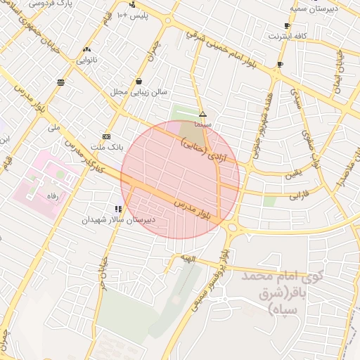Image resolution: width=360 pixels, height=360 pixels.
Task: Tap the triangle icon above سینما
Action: pyautogui.click(x=202, y=114)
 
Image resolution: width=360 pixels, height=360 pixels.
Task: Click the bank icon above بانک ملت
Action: pyautogui.click(x=106, y=136)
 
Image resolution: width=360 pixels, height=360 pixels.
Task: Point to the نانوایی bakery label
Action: pyautogui.click(x=86, y=60)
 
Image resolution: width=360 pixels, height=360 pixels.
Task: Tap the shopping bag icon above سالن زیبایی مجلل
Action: pyautogui.click(x=139, y=81)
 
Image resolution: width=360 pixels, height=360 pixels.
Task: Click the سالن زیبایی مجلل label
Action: pyautogui.click(x=138, y=92)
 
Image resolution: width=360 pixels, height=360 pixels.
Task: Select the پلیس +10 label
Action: pyautogui.click(x=131, y=15)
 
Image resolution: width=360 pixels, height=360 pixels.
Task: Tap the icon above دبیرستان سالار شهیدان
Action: pyautogui.click(x=118, y=209)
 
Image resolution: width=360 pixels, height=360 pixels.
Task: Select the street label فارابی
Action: pyautogui.click(x=299, y=193)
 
